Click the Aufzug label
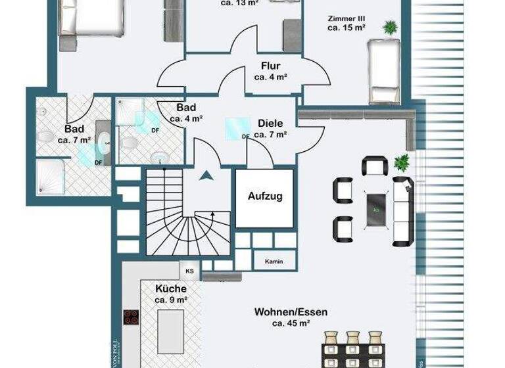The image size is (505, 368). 265,196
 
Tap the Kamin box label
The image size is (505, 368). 274,262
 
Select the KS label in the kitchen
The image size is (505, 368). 189,270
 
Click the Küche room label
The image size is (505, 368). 171,288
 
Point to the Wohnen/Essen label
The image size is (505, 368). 291,312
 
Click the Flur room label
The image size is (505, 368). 270,66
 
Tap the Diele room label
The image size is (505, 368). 270,123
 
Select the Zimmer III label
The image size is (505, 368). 346,18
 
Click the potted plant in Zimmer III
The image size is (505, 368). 391,28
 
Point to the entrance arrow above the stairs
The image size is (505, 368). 207,175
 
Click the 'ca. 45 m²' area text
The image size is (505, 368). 291,323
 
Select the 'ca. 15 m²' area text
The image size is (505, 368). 346,29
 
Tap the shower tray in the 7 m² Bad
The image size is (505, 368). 51,177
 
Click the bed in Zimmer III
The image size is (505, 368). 383,70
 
